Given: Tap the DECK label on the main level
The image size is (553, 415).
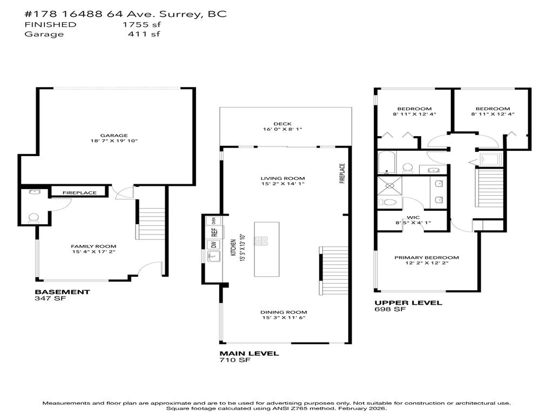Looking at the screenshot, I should pos(282,124).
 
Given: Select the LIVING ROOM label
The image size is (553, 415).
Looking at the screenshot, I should pos(282,178).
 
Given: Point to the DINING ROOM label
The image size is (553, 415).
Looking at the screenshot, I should pos(284,312).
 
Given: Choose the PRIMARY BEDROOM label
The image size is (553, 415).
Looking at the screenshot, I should pos(426,258).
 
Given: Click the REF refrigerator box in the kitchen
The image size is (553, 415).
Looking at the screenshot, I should pos(214,232).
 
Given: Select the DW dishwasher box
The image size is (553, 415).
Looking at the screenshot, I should pos(214,245).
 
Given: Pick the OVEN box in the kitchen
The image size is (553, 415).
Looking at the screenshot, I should pos(214,220).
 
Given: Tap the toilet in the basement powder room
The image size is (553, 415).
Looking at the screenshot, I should pos(33,218).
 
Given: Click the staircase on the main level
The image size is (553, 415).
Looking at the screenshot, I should pos(332,270).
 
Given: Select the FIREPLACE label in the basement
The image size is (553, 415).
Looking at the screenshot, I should pos(79,193).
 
